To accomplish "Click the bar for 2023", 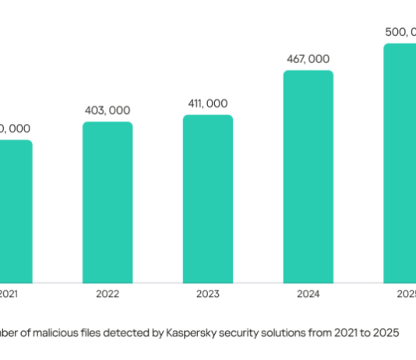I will click(208, 198).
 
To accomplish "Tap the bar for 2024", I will click(308, 175).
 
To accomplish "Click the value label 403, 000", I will click(108, 110).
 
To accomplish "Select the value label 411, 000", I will click(208, 104).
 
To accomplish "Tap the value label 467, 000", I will click(308, 59).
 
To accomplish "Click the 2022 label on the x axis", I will click(108, 295).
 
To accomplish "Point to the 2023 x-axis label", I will click(208, 295).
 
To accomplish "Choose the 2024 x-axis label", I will click(308, 295).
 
